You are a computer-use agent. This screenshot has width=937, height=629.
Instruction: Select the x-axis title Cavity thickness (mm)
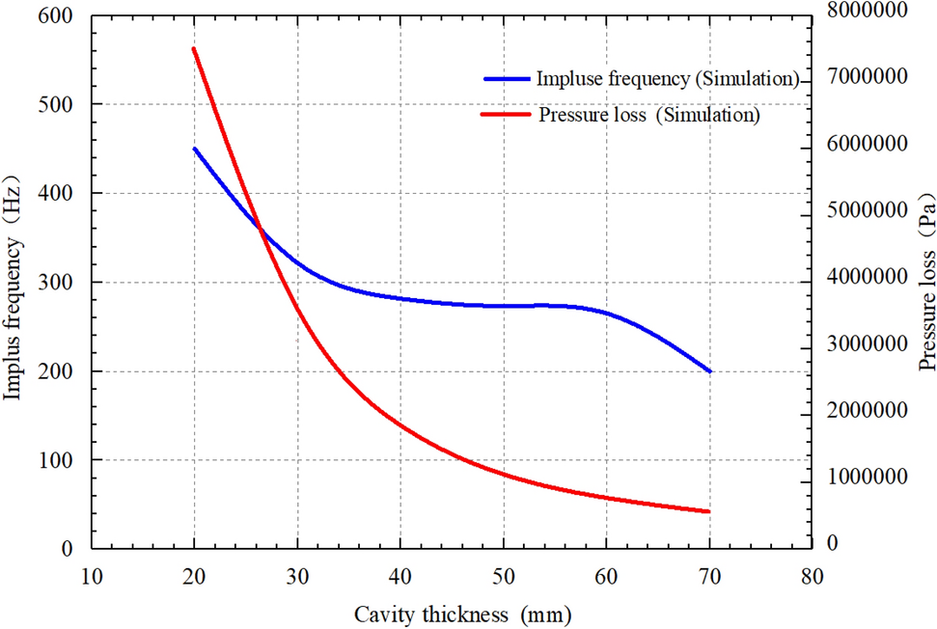coord(461,614)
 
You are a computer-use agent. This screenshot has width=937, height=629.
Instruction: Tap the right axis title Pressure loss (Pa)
coord(926,283)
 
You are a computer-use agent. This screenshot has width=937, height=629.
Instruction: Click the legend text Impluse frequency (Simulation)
coord(669,78)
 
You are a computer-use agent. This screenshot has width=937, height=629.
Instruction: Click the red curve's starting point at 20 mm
coord(194,48)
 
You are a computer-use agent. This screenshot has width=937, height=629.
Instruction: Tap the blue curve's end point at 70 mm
coord(709,371)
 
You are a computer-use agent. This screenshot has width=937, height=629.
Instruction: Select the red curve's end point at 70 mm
coord(709,511)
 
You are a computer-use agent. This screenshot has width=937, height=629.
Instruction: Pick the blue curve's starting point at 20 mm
coord(194,149)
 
